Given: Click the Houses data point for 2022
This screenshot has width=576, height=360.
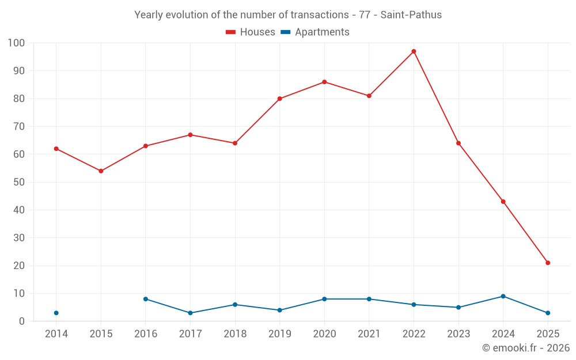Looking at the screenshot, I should pos(414,51).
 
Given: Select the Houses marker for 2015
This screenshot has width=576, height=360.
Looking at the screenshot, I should pos(101,171).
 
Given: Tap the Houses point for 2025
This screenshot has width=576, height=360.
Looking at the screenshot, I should pos(548,263).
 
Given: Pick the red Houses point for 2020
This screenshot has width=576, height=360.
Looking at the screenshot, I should pos(324,82).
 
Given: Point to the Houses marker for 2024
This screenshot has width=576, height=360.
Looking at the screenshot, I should pos(503,202).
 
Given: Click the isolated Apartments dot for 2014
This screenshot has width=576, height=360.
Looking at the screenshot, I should pos(56,313).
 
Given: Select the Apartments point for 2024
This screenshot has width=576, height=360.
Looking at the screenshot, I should pos(503,296).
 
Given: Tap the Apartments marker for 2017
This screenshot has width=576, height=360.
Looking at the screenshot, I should pos(190,313).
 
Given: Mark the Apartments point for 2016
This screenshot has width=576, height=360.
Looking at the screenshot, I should pos(146,299).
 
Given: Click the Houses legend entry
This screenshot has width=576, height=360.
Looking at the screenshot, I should pos(251,32).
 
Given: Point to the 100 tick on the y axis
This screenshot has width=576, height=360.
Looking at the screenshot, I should pos(17,43).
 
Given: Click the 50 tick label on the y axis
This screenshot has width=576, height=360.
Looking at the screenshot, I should pos(19,182).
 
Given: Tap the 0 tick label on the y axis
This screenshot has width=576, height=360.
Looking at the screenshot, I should pos(22,321).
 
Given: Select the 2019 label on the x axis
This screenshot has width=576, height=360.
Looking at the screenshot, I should pos(279,334).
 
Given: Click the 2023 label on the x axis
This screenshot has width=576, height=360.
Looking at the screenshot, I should pos(458,334).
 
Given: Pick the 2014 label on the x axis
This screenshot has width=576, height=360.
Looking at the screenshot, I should pos(56,334).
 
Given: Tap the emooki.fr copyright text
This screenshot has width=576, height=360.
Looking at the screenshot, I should pos(526,348).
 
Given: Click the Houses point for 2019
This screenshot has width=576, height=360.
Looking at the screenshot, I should pos(279,98).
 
